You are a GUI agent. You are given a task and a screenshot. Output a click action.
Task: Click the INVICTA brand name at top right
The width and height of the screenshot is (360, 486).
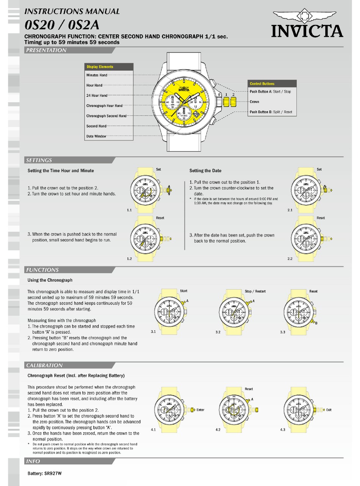tap(307, 31)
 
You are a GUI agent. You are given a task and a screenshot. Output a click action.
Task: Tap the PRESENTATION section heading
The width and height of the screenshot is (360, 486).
tap(45, 50)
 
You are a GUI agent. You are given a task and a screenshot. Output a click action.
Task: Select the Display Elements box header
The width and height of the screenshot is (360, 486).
tap(100, 67)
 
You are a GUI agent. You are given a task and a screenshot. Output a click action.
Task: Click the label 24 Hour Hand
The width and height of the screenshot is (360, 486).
tap(97, 95)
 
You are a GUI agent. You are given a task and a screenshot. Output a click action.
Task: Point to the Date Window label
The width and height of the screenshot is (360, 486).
tap(96, 136)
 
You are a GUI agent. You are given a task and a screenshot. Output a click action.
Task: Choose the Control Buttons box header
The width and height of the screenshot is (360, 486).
tap(262, 84)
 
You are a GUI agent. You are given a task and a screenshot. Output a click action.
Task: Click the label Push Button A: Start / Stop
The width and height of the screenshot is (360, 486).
tap(270, 92)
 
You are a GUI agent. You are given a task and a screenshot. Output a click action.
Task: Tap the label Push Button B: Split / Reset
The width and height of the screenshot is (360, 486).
tap(271, 112)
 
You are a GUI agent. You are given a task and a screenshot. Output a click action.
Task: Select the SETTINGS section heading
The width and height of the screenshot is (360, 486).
tap(39, 160)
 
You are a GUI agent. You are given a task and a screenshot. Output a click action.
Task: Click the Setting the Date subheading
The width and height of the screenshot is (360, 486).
tap(205, 171)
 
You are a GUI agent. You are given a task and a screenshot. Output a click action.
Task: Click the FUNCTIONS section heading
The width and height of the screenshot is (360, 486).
tap(42, 270)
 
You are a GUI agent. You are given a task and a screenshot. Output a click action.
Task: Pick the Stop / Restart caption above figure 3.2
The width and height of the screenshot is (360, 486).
tap(255, 291)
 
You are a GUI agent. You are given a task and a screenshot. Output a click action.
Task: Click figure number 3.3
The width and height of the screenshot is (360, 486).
tap(282, 332)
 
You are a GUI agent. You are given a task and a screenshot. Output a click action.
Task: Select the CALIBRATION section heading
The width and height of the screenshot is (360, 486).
tap(44, 366)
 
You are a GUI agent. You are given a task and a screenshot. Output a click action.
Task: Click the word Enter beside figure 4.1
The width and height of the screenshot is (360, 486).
tap(200, 410)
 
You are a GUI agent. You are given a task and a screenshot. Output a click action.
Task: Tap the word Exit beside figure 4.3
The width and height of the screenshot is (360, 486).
tap(329, 410)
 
